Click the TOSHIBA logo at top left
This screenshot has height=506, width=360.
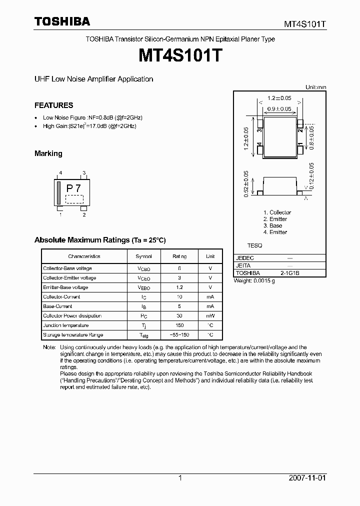click(x=62, y=21)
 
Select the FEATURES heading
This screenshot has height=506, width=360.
click(x=53, y=105)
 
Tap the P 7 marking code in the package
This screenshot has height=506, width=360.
click(x=73, y=188)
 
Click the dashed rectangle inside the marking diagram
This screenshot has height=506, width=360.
click(x=74, y=198)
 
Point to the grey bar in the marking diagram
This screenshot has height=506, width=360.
click(x=58, y=193)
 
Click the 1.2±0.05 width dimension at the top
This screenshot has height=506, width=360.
click(x=279, y=98)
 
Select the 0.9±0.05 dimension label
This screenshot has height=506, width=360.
click(x=279, y=109)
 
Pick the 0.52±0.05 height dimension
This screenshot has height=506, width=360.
click(x=246, y=183)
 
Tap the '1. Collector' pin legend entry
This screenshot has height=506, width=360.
click(x=277, y=212)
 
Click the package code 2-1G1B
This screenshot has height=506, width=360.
click(x=290, y=273)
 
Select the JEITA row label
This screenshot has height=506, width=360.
click(x=243, y=266)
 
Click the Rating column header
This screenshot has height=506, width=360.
click(x=179, y=256)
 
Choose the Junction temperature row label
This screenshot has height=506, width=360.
click(x=66, y=325)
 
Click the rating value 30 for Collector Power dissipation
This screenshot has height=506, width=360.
click(x=179, y=316)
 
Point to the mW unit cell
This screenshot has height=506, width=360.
click(x=210, y=316)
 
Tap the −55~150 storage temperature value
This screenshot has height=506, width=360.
click(x=179, y=335)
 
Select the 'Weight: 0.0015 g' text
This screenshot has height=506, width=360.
click(x=254, y=281)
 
